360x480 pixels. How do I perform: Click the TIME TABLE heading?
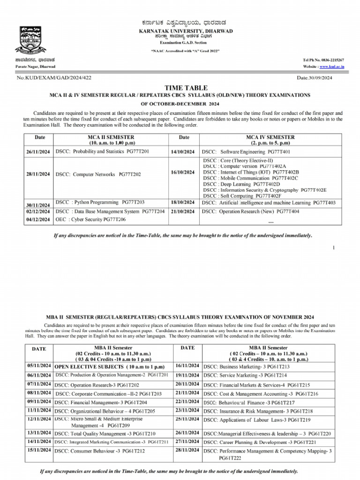(180, 88)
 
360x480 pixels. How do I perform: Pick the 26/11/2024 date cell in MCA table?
(38, 152)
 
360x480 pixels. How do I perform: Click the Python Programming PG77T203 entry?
(100, 202)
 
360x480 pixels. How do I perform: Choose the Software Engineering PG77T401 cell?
(246, 152)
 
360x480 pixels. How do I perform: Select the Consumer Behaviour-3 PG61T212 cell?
(100, 451)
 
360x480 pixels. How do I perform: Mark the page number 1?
(333, 247)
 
